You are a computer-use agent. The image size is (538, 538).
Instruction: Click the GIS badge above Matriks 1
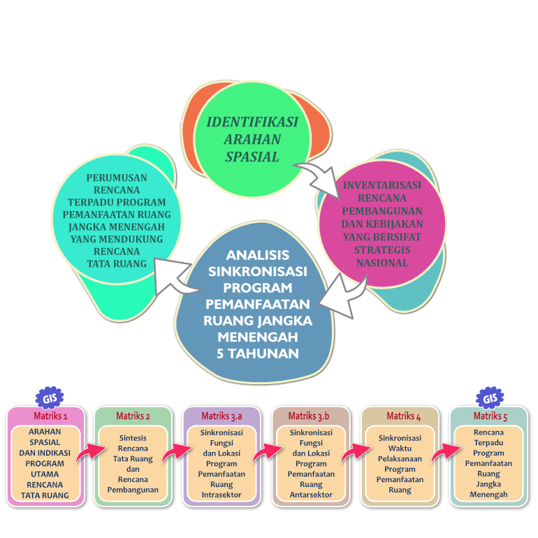(50, 398)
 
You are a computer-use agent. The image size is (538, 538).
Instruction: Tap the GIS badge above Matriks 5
(490, 398)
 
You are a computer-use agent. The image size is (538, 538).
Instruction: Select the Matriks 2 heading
(133, 416)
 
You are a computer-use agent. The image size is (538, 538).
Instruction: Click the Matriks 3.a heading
(221, 416)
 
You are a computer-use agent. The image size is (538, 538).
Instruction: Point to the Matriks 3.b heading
(309, 416)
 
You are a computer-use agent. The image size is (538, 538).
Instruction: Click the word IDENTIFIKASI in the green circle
(252, 122)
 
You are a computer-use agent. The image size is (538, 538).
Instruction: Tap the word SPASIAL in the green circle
(252, 157)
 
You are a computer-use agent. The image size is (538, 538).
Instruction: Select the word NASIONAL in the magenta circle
(382, 263)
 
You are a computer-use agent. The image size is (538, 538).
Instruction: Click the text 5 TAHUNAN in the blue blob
(258, 354)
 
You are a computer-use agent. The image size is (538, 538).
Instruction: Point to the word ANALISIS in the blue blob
(258, 255)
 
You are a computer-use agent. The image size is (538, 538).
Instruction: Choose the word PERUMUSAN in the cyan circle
(117, 177)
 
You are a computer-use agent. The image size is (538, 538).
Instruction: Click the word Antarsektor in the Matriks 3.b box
(311, 495)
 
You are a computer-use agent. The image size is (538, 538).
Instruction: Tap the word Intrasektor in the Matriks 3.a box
(221, 495)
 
